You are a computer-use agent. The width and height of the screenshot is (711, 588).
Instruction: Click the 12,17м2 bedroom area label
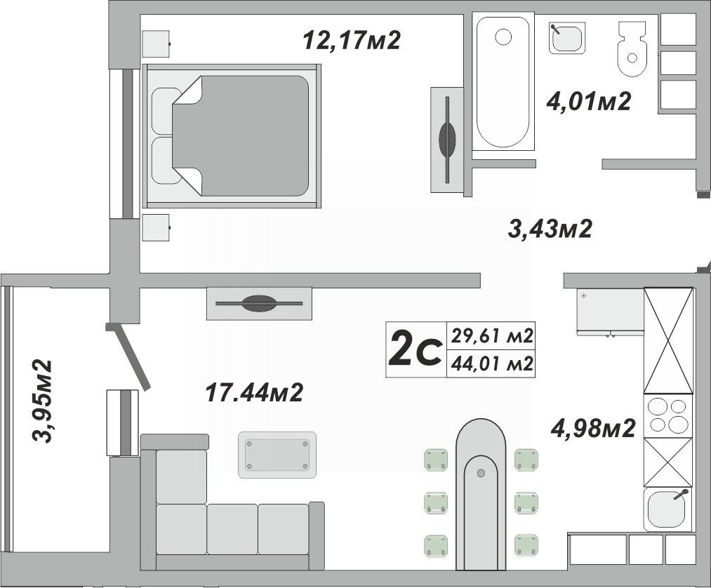pyautogui.click(x=352, y=40)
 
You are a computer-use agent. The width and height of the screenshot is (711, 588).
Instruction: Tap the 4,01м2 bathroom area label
pyautogui.click(x=589, y=102)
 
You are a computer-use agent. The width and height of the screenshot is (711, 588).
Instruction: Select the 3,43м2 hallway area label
pyautogui.click(x=550, y=229)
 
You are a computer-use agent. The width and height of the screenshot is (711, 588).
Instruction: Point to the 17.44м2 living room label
pyautogui.click(x=254, y=392)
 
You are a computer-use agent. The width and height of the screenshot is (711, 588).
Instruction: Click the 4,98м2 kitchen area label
pyautogui.click(x=593, y=428)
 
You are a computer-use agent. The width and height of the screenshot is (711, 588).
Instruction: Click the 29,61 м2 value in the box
pyautogui.click(x=491, y=336)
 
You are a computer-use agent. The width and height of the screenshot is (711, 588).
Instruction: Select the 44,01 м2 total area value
pyautogui.click(x=491, y=363)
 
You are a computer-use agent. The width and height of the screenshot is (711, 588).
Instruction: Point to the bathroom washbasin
pyautogui.click(x=566, y=38)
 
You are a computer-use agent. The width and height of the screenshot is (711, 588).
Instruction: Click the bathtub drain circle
pyautogui.click(x=503, y=36)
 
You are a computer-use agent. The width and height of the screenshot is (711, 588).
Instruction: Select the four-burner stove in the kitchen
pyautogui.click(x=668, y=415)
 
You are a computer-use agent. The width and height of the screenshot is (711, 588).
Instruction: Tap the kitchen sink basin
pyautogui.click(x=665, y=509)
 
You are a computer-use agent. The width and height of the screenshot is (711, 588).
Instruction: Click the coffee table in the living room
pyautogui.click(x=277, y=455)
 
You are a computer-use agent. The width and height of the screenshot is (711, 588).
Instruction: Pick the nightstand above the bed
pyautogui.click(x=156, y=44)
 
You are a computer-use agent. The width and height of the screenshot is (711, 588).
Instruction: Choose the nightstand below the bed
pyautogui.click(x=156, y=227)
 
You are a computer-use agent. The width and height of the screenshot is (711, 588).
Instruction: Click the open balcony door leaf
pyautogui.click(x=128, y=356)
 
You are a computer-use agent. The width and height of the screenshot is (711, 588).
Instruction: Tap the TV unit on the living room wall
pyautogui.click(x=259, y=303)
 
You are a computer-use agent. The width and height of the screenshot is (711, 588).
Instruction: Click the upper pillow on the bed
pyautogui.click(x=164, y=111)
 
